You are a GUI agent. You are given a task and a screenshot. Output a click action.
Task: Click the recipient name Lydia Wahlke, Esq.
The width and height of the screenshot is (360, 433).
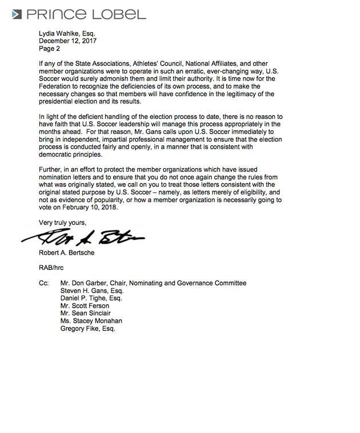click(67, 33)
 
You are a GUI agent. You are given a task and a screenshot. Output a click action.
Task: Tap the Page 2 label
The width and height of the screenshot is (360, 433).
click(50, 49)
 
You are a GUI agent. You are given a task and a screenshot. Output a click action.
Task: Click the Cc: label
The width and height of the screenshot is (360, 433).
click(44, 283)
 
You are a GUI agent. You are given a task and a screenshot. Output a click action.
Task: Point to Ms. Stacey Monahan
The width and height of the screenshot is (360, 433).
click(91, 321)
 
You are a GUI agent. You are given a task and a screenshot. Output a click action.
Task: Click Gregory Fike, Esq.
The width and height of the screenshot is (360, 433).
click(87, 328)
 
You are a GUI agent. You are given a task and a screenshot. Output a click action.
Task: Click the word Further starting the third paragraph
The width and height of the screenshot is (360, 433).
click(51, 170)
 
